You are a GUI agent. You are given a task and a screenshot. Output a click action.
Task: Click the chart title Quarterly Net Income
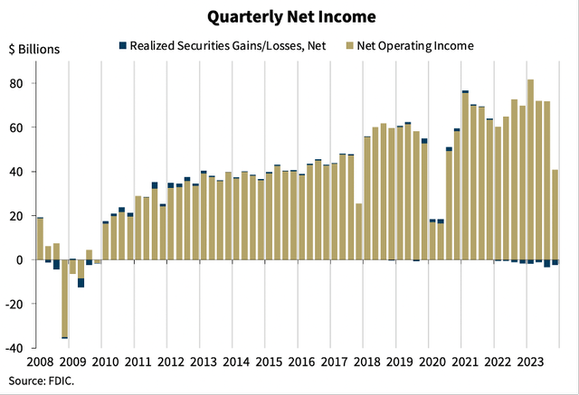pos(289,16)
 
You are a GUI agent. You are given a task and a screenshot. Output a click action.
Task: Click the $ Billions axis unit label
pos(35,49)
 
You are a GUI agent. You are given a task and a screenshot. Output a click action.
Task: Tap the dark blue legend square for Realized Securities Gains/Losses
pos(121,45)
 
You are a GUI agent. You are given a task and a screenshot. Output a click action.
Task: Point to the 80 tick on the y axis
pos(16,83)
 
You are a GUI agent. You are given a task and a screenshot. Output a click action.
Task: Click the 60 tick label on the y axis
pos(16,127)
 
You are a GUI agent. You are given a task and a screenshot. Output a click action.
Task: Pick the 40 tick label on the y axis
pos(16,172)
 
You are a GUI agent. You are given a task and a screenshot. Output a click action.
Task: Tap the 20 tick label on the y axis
pos(16,216)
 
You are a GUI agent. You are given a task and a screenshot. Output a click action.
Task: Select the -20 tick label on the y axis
pos(14,304)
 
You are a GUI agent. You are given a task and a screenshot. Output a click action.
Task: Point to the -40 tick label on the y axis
pos(14,348)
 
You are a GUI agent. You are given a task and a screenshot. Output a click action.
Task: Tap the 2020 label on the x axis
pos(432,362)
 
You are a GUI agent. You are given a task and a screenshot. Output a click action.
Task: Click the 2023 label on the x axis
pos(527,362)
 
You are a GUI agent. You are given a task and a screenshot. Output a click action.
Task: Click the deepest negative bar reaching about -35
pos(64,298)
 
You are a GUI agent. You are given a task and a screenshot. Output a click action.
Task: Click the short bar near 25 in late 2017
pos(359,231)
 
